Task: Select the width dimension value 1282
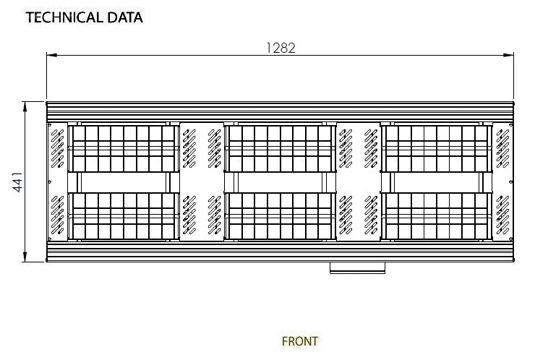[x=281, y=48]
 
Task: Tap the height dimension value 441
[x=17, y=181]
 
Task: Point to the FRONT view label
[x=299, y=340]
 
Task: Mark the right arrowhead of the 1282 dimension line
[x=510, y=54]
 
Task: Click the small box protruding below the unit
[x=357, y=267]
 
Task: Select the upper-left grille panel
[x=122, y=147]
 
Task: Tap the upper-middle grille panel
[x=281, y=147]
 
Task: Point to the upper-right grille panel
[x=438, y=147]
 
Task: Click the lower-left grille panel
[x=122, y=215]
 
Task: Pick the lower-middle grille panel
[x=281, y=215]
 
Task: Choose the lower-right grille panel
[x=438, y=215]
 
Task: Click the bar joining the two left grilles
[x=122, y=181]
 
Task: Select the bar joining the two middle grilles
[x=281, y=181]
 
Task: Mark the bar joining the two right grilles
[x=438, y=181]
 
